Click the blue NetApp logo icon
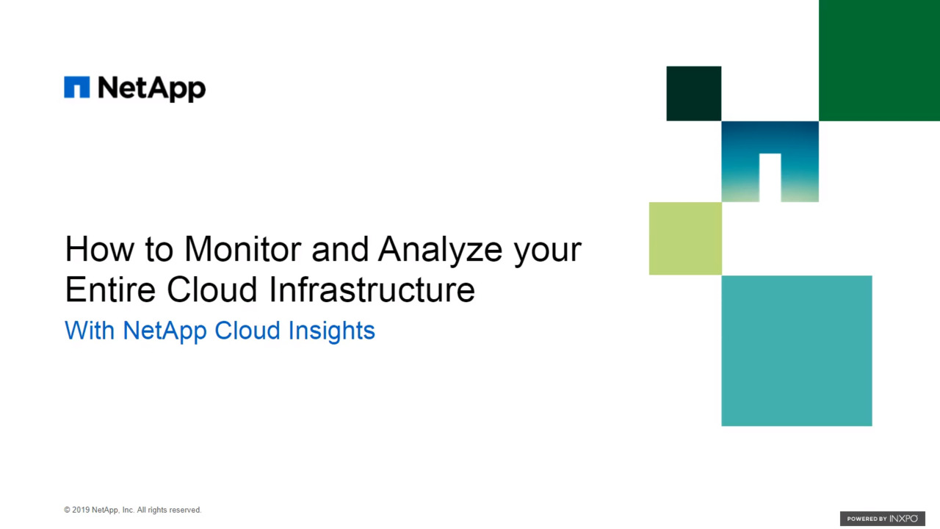[x=76, y=87]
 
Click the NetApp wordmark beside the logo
[x=151, y=89]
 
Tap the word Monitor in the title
[x=242, y=249]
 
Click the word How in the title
[x=100, y=249]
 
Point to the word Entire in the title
[x=110, y=289]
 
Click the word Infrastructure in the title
[x=372, y=289]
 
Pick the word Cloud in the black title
[x=212, y=289]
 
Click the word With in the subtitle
[x=90, y=331]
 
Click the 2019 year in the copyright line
[x=81, y=510]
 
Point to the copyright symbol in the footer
[x=67, y=510]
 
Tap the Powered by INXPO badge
[x=883, y=519]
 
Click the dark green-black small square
[x=694, y=93]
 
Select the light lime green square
[x=685, y=239]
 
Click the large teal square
[x=797, y=350]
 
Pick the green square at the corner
[x=879, y=60]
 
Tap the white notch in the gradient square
[x=770, y=178]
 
